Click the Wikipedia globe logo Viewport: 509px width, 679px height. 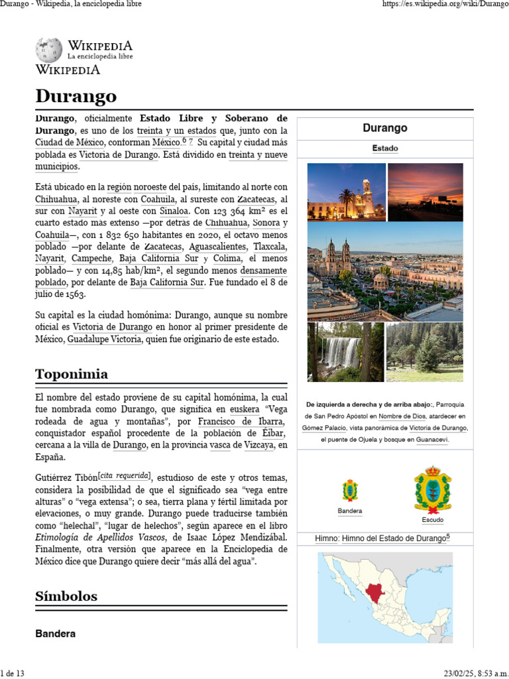(x=49, y=50)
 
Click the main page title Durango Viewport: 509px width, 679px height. (x=76, y=96)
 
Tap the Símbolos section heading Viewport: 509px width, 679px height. (x=66, y=596)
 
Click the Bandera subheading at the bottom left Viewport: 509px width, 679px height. (x=55, y=634)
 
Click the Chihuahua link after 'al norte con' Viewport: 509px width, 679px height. (x=58, y=199)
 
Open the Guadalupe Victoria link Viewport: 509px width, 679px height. (x=105, y=339)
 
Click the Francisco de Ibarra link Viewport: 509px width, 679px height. (x=241, y=422)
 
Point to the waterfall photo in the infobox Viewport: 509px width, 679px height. (x=345, y=352)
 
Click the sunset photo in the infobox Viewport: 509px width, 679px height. (x=425, y=192)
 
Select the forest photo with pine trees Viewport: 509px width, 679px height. (x=424, y=352)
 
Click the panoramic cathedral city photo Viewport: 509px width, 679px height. (x=385, y=271)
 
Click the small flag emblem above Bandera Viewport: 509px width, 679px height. (x=350, y=491)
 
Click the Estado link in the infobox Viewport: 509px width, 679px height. (x=385, y=149)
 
